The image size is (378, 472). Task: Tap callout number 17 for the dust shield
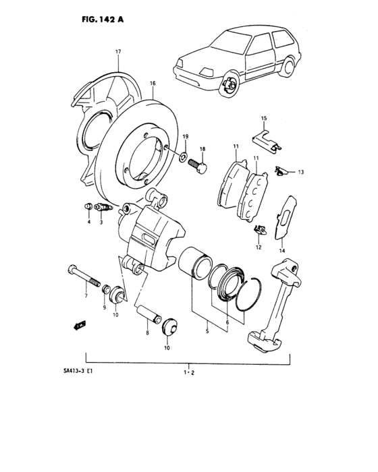(x=117, y=51)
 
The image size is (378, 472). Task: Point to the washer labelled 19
(x=184, y=156)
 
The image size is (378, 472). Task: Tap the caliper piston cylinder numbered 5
(x=197, y=263)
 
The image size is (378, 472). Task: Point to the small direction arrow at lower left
(x=78, y=325)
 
